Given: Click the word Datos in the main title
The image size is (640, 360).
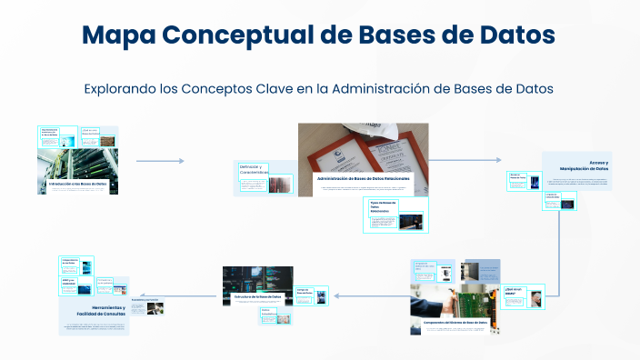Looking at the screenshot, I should click(512, 35).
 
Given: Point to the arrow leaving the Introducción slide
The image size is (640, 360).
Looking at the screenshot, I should click(160, 161).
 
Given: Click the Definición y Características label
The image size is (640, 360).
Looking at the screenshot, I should click(252, 170).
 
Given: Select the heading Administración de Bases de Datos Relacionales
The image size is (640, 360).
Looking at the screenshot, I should click(363, 179).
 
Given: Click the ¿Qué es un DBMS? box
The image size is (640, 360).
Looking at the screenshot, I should click(515, 293).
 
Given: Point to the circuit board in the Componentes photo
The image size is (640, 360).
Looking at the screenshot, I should click(464, 298).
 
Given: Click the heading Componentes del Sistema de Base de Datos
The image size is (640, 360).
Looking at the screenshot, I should click(454, 322).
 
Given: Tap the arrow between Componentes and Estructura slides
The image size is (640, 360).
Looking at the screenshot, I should click(360, 295).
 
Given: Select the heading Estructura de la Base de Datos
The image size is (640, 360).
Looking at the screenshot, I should click(258, 297).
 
